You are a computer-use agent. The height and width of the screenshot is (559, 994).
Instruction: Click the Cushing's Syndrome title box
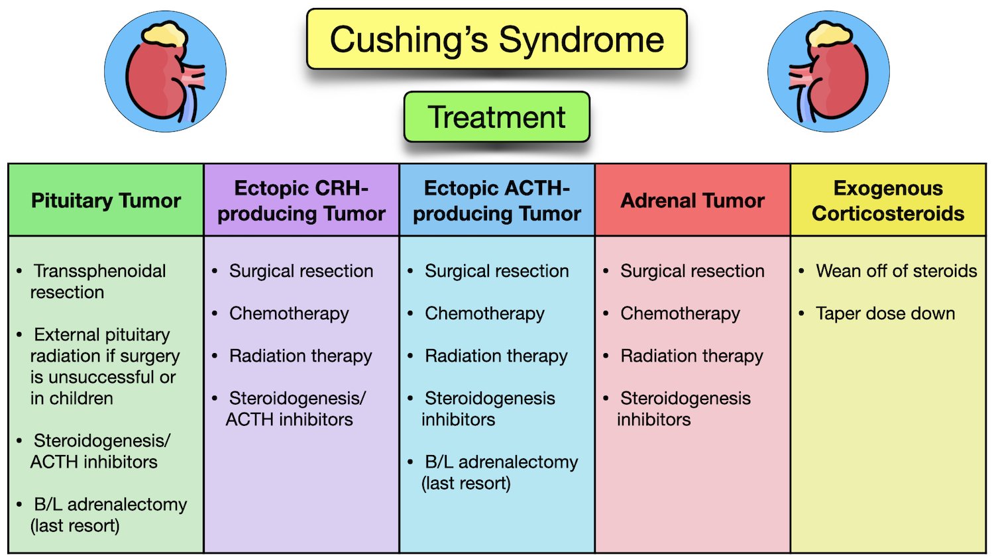click(x=496, y=40)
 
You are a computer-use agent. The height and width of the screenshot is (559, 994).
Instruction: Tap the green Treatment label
click(x=496, y=117)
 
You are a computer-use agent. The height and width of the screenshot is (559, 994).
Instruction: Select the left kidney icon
click(x=165, y=72)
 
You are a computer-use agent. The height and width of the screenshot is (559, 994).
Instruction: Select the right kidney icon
click(x=828, y=72)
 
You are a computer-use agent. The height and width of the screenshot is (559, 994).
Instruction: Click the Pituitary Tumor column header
click(x=106, y=201)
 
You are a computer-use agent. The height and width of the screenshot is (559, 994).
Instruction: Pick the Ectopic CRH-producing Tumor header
click(x=302, y=201)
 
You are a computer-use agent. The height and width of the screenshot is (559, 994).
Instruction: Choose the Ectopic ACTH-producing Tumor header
click(x=497, y=201)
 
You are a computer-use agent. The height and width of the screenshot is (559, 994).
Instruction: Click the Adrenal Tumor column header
click(x=692, y=201)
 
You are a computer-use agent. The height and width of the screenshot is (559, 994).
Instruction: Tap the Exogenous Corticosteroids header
click(x=888, y=201)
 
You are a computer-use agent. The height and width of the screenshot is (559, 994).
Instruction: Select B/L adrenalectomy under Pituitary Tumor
click(x=109, y=515)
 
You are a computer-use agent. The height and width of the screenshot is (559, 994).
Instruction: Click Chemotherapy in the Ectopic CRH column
click(x=289, y=313)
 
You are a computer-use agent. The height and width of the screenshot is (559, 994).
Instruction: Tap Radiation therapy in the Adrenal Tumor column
click(x=692, y=356)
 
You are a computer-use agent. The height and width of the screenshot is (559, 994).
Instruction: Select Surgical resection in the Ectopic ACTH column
click(x=496, y=271)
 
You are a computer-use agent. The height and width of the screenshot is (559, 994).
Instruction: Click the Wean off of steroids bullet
click(x=896, y=271)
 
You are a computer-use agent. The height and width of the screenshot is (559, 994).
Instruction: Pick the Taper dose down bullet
click(x=885, y=313)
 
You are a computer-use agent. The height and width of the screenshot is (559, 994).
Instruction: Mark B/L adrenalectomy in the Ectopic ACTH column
click(x=500, y=472)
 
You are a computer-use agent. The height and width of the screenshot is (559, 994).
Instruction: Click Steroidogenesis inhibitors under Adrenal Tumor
click(x=685, y=409)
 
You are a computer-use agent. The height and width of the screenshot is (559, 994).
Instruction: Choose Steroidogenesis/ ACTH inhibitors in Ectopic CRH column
click(x=296, y=409)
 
